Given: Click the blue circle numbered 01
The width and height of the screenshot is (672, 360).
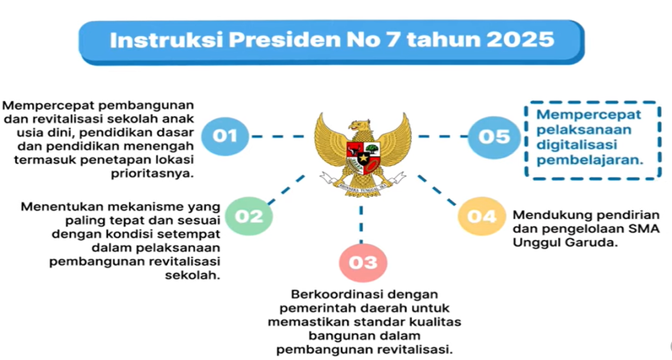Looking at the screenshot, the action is [225, 136].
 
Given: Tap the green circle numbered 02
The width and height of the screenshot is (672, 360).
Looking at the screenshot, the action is [249, 216].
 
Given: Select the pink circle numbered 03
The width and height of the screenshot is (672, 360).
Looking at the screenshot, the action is [363, 262].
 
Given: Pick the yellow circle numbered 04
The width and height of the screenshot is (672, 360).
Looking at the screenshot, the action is [482, 216].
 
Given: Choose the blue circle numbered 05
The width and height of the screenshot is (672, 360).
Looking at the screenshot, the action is [494, 137].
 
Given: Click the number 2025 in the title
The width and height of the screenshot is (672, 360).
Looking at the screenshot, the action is [520, 40].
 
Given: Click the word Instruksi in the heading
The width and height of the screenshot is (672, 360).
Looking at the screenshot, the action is [167, 40].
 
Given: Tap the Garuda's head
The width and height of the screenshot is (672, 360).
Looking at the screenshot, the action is [359, 126].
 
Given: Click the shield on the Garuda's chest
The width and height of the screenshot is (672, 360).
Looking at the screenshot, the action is [363, 158].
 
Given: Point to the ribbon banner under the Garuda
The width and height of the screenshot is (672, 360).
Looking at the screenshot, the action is [362, 182].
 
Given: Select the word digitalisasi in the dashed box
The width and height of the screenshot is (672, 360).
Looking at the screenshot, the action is [577, 146].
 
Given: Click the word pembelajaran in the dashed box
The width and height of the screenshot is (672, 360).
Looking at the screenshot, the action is [590, 160].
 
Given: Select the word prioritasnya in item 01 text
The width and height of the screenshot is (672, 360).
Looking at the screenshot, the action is [152, 174].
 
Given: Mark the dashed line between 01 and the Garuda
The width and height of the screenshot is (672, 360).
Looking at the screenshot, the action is [278, 137].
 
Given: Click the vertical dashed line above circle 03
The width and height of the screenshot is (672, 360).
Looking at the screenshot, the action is [362, 225].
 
